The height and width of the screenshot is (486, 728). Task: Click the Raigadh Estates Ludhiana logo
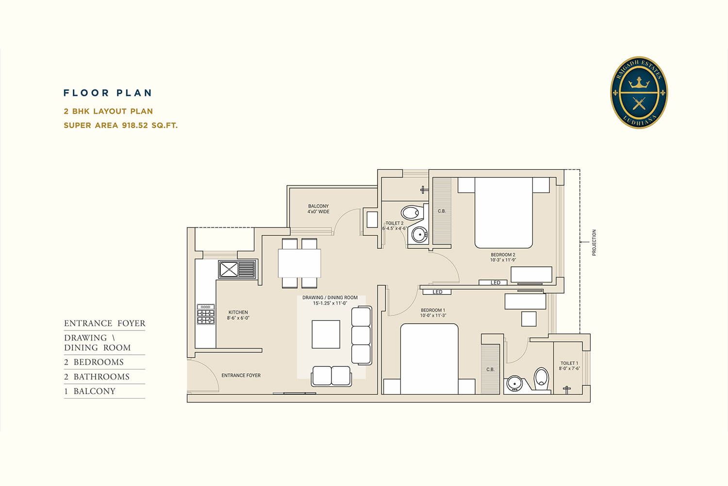click(639, 92)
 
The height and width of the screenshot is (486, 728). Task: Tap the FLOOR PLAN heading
click(108, 93)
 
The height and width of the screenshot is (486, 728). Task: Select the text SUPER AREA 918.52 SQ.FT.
click(120, 125)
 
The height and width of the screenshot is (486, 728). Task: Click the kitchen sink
click(237, 269)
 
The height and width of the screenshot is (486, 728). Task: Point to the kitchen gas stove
click(206, 314)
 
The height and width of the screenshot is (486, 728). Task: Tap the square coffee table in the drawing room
click(326, 334)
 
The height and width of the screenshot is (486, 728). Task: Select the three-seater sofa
click(362, 336)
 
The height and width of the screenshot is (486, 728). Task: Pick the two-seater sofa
click(331, 376)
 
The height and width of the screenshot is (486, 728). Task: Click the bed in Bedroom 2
click(503, 213)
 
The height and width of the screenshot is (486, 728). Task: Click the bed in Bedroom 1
click(430, 359)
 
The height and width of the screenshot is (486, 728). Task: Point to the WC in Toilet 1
click(542, 379)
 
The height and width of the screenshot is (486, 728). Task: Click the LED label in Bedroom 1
click(437, 292)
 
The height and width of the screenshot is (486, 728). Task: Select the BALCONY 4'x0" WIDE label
click(318, 209)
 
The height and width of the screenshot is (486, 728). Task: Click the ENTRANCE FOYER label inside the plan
click(241, 375)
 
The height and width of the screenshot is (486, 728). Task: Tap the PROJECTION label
click(594, 243)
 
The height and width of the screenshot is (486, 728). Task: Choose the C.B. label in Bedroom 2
click(442, 211)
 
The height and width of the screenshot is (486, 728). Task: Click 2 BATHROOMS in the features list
click(97, 377)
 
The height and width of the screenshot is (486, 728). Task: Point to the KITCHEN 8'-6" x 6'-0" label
click(238, 315)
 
